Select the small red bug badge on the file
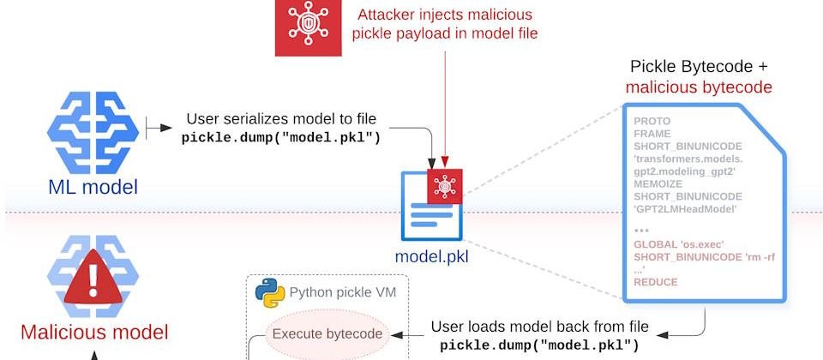pos(444,186)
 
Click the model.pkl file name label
pos(431,255)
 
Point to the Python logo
pos(270,294)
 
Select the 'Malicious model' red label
pos(94,333)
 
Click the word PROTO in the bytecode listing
pos(652,122)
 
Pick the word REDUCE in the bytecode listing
pos(656,282)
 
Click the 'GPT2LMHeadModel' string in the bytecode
pos(684,207)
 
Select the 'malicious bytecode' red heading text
pos(699,87)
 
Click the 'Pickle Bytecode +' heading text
pos(699,66)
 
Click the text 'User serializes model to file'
pos(280,120)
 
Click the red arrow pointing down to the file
pos(444,111)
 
